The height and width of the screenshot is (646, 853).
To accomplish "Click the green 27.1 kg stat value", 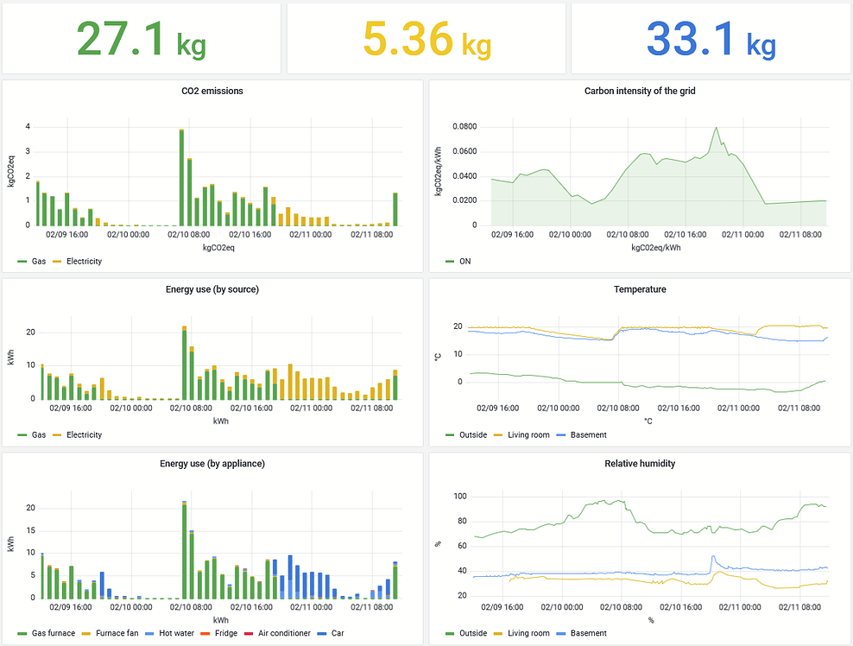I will click(140, 40).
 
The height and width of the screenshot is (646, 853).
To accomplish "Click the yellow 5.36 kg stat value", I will click(426, 40).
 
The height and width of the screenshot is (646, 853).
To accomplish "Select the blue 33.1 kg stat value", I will click(711, 40).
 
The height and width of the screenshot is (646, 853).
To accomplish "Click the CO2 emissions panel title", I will click(212, 91).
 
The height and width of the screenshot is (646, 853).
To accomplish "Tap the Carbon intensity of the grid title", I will click(640, 91).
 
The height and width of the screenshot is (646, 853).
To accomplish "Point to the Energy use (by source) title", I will click(212, 289).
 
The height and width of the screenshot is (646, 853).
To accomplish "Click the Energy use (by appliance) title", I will click(212, 464).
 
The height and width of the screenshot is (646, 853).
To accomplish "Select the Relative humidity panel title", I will click(640, 464).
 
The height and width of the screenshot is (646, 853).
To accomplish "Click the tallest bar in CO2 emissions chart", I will click(181, 177).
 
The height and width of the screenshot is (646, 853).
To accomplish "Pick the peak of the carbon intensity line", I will click(716, 129).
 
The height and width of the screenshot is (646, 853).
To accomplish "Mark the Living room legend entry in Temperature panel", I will click(521, 435).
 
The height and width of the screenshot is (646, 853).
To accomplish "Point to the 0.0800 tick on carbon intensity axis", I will click(464, 127).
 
